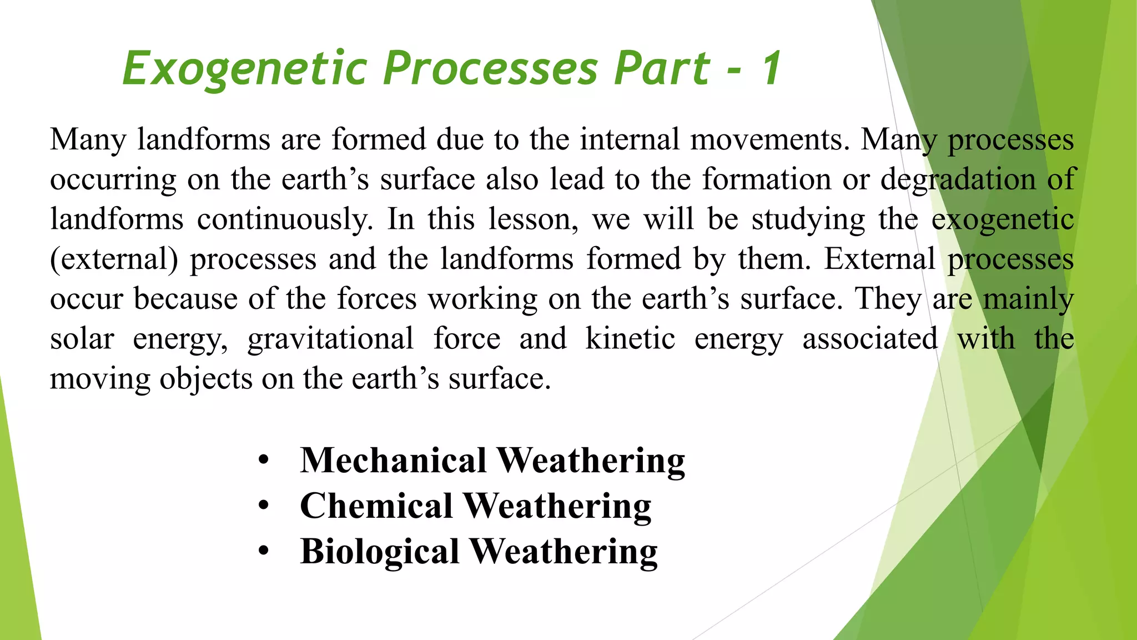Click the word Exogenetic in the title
245,69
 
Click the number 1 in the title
772,69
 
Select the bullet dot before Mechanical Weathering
264,461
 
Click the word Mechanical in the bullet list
393,461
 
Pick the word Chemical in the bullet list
376,506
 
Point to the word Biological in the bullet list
380,552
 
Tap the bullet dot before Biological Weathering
264,552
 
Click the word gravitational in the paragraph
330,339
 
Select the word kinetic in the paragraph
630,339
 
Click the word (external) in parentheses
114,259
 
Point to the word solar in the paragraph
82,339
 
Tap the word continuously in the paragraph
284,219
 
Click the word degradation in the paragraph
958,179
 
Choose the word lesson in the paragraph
533,219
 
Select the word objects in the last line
206,379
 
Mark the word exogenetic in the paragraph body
1002,219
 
